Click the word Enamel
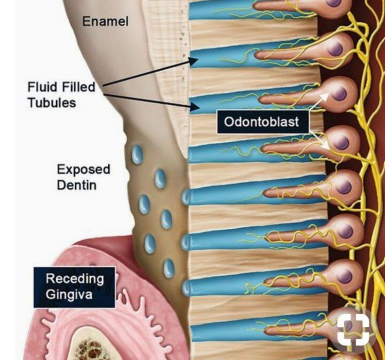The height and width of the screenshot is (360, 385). pyautogui.click(x=105, y=21)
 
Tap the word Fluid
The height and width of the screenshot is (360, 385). pyautogui.click(x=42, y=87)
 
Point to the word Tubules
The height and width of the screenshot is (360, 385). pyautogui.click(x=52, y=103)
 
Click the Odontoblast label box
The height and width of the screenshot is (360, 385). pyautogui.click(x=263, y=122)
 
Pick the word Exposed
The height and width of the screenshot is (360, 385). pyautogui.click(x=84, y=170)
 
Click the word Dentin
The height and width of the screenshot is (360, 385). pyautogui.click(x=77, y=185)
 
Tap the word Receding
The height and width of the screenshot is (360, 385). pyautogui.click(x=75, y=279)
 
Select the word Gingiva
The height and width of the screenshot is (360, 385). pyautogui.click(x=69, y=294)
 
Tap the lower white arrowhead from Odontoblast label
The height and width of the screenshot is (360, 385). pyautogui.click(x=324, y=145)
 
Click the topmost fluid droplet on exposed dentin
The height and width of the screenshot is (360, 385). pyautogui.click(x=137, y=154)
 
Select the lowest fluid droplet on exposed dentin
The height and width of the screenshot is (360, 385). pyautogui.click(x=169, y=268)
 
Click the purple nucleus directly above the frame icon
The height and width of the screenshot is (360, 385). pyautogui.click(x=346, y=276)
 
